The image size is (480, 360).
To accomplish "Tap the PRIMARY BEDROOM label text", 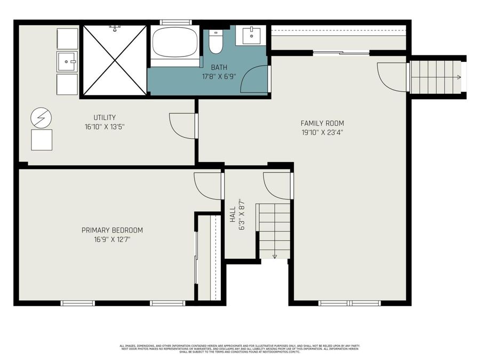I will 112,230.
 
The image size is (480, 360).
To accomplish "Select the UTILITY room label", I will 105,117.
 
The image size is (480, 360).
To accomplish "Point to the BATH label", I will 218,67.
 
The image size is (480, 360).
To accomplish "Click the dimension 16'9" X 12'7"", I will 112,239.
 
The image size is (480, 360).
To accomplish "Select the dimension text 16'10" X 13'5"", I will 105,126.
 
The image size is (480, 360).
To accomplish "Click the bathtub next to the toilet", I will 175,43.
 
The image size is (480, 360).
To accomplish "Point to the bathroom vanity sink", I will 252,35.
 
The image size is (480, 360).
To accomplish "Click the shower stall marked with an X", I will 115,60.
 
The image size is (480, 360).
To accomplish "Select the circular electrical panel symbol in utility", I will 41,117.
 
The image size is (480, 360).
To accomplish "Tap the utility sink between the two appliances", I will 67,61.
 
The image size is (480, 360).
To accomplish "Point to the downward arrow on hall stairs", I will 275,255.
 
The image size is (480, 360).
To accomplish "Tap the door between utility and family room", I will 182,126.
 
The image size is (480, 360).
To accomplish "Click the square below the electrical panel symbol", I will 42,140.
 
